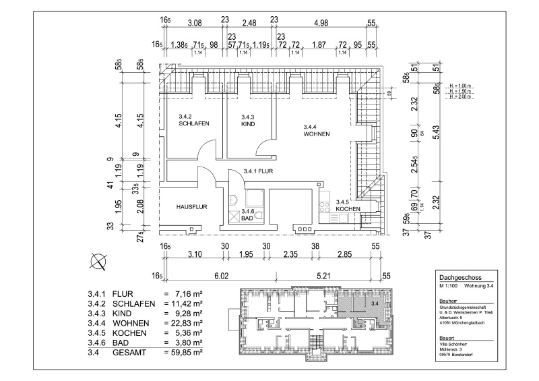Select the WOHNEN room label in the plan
tap(316, 134)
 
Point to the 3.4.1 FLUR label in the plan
tap(257, 171)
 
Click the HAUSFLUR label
tap(191, 207)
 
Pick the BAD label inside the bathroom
tap(247, 218)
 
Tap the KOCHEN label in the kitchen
tap(348, 209)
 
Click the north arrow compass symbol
tap(98, 260)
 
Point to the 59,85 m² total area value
tap(183, 352)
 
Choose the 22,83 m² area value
tap(183, 323)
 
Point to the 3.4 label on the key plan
tap(375, 305)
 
